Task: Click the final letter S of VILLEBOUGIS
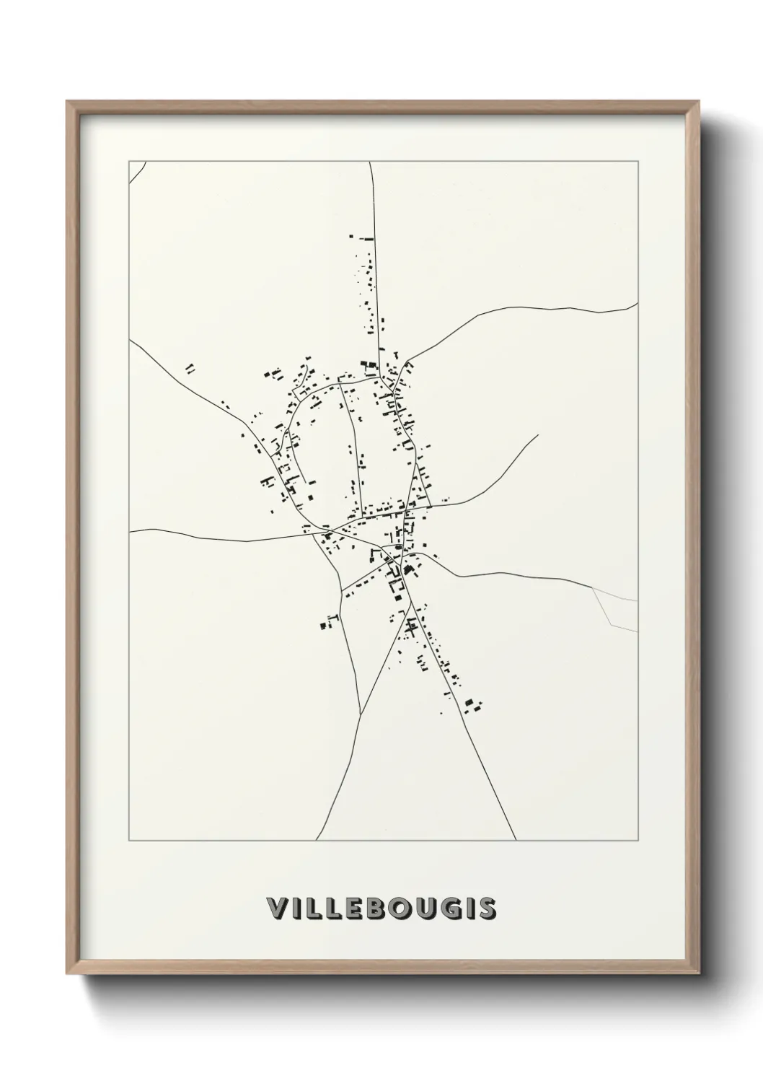pyautogui.click(x=486, y=909)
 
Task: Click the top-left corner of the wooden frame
pyautogui.click(x=68, y=102)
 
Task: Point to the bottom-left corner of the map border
pyautogui.click(x=129, y=841)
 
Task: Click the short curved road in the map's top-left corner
pyautogui.click(x=138, y=170)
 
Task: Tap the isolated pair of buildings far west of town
pyautogui.click(x=190, y=369)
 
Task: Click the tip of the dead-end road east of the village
pyautogui.click(x=538, y=435)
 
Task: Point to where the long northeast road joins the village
pyautogui.click(x=407, y=361)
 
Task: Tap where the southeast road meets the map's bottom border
pyautogui.click(x=516, y=840)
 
